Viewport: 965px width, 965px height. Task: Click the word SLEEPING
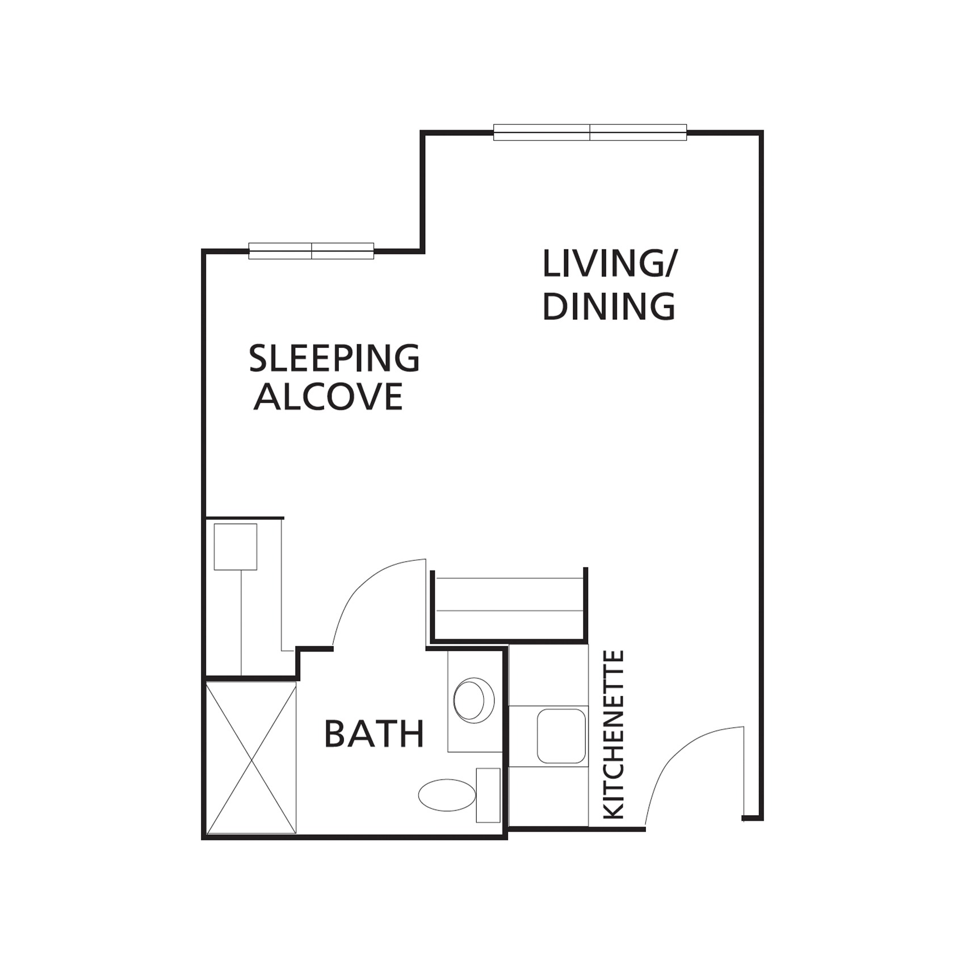click(334, 358)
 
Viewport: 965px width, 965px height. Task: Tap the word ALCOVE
click(328, 396)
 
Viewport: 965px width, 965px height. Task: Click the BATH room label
click(374, 733)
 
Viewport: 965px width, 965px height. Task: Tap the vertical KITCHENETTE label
click(614, 735)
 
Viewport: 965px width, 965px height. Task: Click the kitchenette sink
click(561, 736)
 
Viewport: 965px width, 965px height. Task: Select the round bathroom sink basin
click(473, 700)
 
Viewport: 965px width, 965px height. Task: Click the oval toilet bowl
click(447, 795)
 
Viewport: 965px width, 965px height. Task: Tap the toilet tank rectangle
click(488, 795)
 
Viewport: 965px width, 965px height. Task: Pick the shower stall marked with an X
click(251, 758)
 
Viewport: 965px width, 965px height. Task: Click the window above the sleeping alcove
click(311, 251)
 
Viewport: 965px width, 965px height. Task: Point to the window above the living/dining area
click(590, 132)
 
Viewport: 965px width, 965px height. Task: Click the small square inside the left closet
click(236, 547)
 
